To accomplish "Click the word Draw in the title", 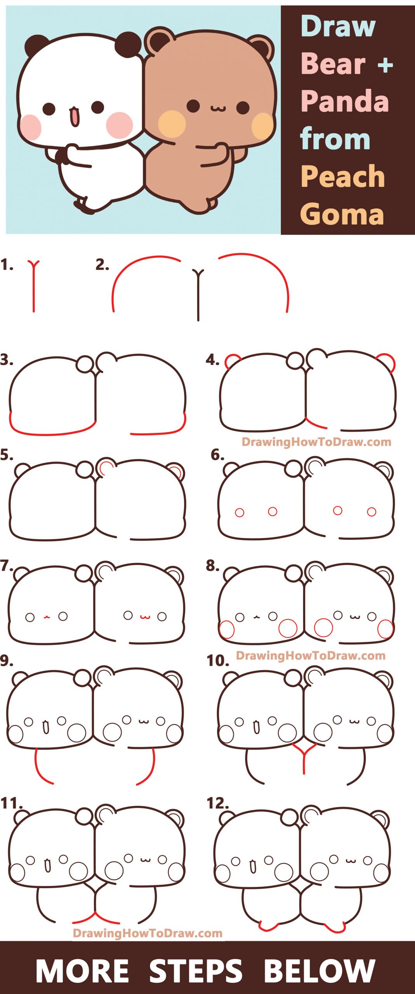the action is [338, 26].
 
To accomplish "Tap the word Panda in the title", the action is [345, 101].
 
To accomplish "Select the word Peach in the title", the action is [342, 177].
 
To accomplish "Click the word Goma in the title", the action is [342, 214].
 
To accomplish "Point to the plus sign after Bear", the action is [385, 65].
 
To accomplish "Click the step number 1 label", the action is [7, 265].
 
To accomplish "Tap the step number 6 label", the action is [217, 455].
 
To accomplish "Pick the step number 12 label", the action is [217, 803].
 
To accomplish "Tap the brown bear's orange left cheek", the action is [172, 124].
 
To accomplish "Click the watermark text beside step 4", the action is [316, 442].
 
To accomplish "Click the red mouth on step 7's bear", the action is [145, 617].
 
